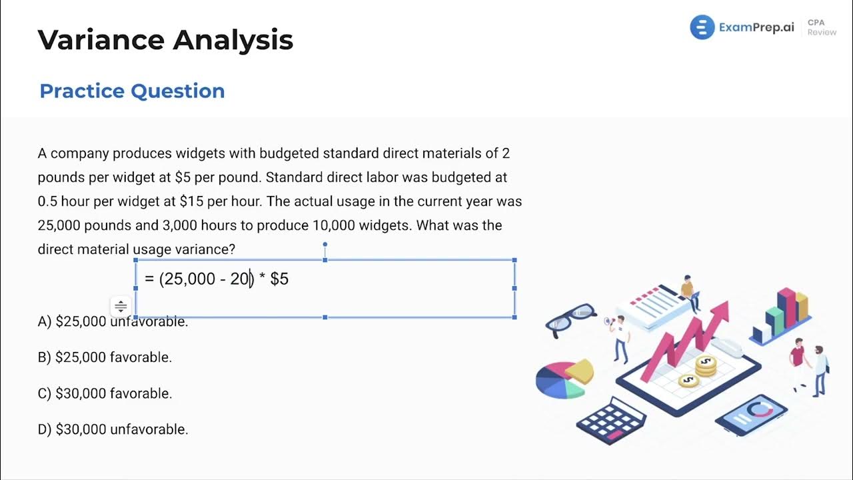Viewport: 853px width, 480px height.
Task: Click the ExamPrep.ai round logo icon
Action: [702, 27]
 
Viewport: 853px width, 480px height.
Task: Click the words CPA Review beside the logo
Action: [821, 27]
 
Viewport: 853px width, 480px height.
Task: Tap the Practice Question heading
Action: [132, 91]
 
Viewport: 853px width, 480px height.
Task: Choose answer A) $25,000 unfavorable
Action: [113, 321]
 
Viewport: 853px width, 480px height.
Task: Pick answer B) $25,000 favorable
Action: [105, 357]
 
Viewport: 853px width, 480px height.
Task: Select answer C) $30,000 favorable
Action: [105, 393]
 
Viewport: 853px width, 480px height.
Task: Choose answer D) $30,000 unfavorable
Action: [113, 429]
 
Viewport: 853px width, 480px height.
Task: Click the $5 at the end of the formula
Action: [279, 279]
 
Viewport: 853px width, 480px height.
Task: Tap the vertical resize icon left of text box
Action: [121, 307]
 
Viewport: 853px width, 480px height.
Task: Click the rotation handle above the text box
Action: [325, 245]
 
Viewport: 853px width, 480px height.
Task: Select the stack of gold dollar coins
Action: [705, 365]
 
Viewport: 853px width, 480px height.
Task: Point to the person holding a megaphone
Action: [620, 337]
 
